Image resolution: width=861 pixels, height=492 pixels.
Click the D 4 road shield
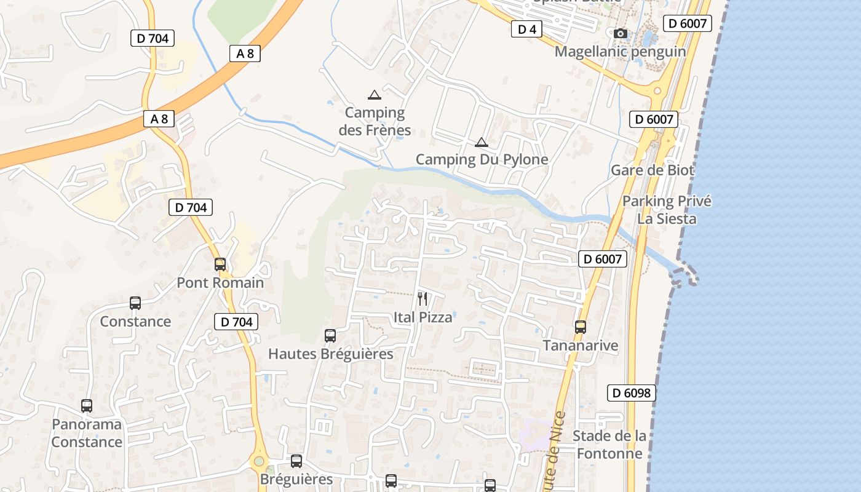[526, 29]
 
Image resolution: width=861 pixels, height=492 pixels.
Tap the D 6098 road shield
[631, 393]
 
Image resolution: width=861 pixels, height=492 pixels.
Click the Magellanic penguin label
[620, 52]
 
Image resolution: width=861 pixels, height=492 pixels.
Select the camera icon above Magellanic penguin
[621, 34]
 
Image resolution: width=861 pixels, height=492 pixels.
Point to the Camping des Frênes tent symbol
[374, 95]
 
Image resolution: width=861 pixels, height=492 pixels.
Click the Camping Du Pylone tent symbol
[481, 143]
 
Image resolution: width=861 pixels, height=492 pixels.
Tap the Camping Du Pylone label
[482, 160]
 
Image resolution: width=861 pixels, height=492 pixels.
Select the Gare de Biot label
[652, 170]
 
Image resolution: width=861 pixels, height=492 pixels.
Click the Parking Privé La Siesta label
[667, 210]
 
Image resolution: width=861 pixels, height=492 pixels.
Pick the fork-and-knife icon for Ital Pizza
[423, 299]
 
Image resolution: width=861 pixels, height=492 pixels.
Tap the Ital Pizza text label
[423, 317]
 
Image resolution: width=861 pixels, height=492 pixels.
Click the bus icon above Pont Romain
[220, 264]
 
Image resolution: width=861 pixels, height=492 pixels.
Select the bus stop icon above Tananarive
[581, 327]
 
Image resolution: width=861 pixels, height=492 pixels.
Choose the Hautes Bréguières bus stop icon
[330, 336]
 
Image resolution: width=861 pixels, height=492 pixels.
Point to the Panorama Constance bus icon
[87, 406]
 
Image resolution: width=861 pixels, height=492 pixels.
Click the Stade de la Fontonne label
[609, 445]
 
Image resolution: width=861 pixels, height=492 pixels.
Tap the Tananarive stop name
[580, 346]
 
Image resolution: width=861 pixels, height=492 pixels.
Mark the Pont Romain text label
[220, 283]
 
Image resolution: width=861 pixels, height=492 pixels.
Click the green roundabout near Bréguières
[259, 461]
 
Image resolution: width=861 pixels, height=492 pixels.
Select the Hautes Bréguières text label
[330, 354]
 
